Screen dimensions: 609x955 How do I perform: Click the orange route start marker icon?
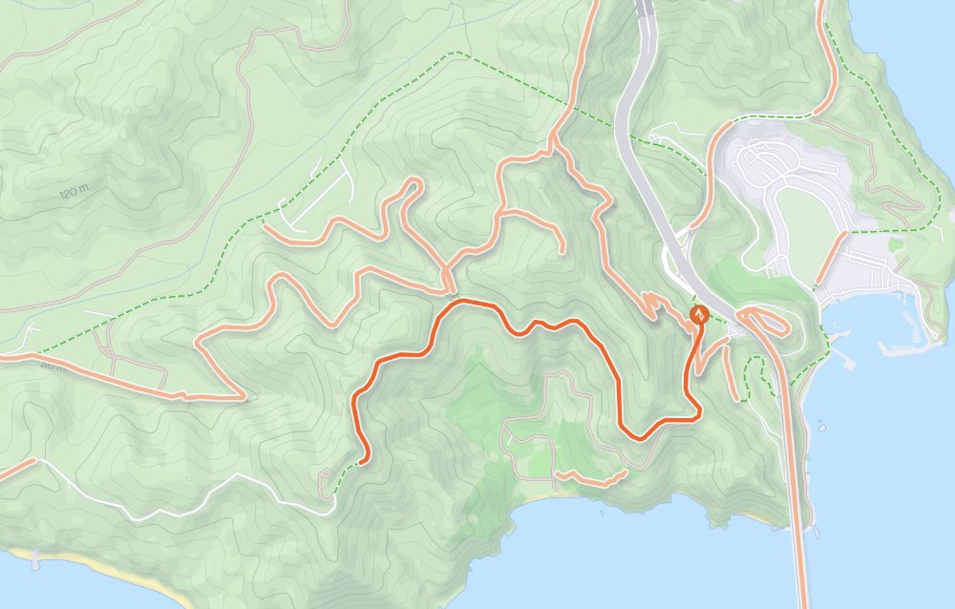coord(699,314)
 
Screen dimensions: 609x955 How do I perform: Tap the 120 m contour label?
coord(73,193)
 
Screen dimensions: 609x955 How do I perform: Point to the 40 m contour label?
coord(53,366)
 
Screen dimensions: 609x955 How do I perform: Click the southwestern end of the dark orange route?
coord(365,460)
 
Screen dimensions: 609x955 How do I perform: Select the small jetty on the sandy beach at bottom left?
coord(36,558)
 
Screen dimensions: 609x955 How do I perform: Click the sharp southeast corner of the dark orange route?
coord(699,412)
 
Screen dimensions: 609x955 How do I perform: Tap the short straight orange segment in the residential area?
coord(831,258)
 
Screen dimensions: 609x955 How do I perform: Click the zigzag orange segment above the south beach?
coord(590,478)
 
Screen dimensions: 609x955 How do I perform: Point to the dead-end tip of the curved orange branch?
coord(562,251)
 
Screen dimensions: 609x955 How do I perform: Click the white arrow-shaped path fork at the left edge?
coord(34,330)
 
